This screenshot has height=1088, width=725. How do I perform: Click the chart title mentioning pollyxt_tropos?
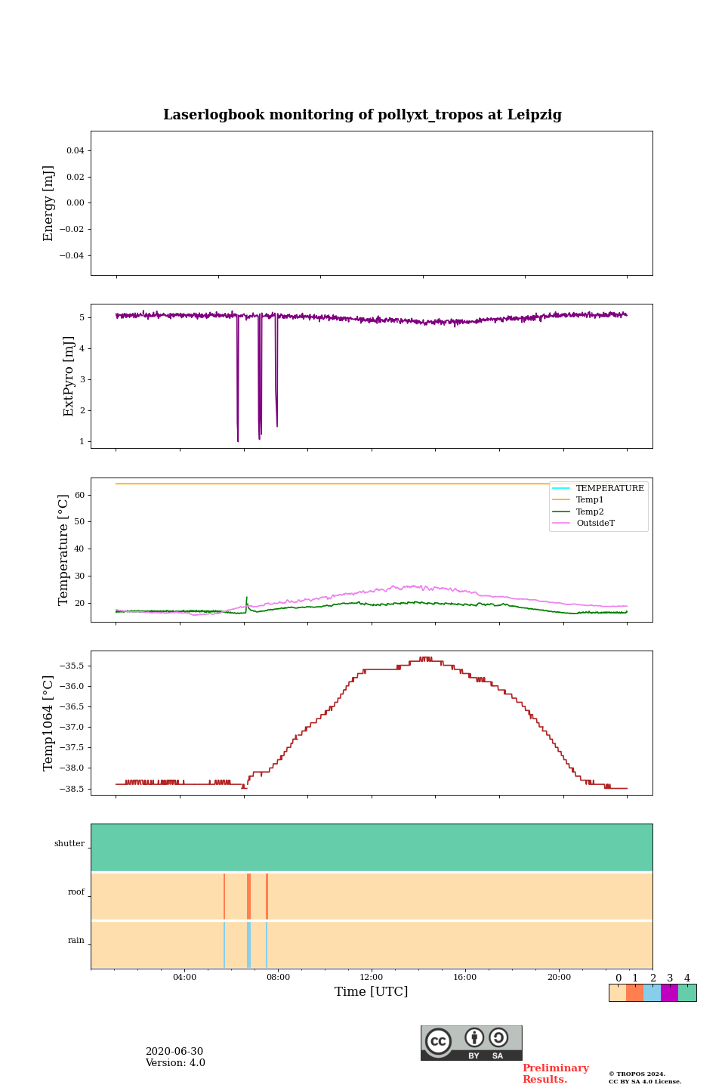point(362,115)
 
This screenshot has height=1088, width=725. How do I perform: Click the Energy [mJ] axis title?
point(49,203)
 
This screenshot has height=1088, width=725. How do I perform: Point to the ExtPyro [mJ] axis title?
point(69,376)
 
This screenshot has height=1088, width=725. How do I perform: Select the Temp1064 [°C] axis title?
point(49,723)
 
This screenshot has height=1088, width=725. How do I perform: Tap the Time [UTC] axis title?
point(371,991)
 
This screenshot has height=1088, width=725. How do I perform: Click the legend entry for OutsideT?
point(595,523)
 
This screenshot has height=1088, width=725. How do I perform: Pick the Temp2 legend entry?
point(590,512)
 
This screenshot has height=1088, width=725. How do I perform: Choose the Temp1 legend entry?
point(590,500)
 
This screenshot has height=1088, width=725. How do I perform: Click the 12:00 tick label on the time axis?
point(371,977)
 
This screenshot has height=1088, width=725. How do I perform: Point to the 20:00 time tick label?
point(559,977)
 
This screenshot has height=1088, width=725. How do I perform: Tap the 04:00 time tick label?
point(184,977)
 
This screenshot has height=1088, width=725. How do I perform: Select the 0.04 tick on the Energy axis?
point(75,150)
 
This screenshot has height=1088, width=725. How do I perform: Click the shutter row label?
point(69,844)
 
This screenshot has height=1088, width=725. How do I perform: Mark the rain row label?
point(76,941)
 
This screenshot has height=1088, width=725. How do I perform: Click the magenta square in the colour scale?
point(669,993)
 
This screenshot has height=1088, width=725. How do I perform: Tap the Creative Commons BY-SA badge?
point(471,1043)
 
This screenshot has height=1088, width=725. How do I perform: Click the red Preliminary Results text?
point(555,1074)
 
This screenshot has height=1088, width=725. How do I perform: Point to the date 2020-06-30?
point(174,1052)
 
